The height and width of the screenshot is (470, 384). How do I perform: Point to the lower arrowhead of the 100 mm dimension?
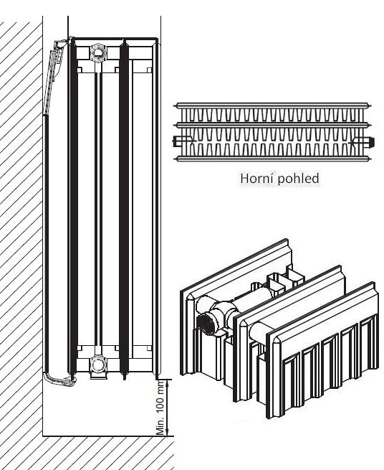click(x=168, y=431)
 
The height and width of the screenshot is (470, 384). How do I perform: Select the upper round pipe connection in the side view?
click(x=97, y=52)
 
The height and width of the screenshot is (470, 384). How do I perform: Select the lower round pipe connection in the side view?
click(x=97, y=365)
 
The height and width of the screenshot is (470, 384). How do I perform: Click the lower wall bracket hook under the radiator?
click(x=60, y=379)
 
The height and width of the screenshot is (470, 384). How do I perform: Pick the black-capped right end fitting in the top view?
click(x=364, y=141)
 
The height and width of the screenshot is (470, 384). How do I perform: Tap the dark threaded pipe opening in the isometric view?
click(x=206, y=324)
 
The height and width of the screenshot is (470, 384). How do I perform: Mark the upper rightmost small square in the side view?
click(x=149, y=70)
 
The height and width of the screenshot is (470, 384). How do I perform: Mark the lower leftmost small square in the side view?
click(x=80, y=348)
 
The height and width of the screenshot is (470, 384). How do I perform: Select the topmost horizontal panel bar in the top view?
click(x=273, y=105)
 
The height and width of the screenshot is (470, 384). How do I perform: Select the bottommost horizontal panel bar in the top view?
click(x=273, y=159)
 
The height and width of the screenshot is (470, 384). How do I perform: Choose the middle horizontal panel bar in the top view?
click(x=273, y=124)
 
